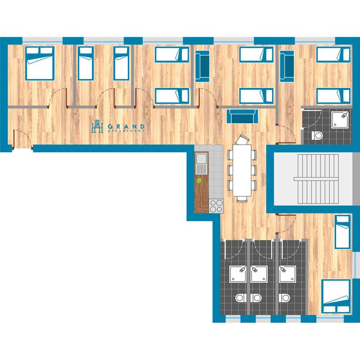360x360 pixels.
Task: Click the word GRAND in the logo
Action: (126, 127)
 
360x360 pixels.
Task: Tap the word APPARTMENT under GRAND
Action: (126, 131)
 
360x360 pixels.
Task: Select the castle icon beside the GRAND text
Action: (97, 126)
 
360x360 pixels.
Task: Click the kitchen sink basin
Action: (202, 158)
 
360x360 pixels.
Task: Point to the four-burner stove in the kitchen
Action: (216, 206)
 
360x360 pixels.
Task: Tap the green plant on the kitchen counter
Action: (199, 180)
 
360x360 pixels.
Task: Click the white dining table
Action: (242, 170)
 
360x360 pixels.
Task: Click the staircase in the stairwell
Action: (316, 179)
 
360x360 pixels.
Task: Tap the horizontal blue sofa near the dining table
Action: (242, 116)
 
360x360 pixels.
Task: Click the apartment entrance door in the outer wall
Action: (22, 139)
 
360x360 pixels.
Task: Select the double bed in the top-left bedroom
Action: (40, 64)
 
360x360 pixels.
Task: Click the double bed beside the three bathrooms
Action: (336, 296)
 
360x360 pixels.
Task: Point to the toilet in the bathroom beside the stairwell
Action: (317, 135)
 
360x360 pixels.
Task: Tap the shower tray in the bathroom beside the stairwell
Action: (340, 120)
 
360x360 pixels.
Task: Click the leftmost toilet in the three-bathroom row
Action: (240, 298)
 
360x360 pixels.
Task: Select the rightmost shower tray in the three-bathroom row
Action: (287, 274)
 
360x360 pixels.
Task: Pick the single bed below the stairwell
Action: (343, 232)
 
